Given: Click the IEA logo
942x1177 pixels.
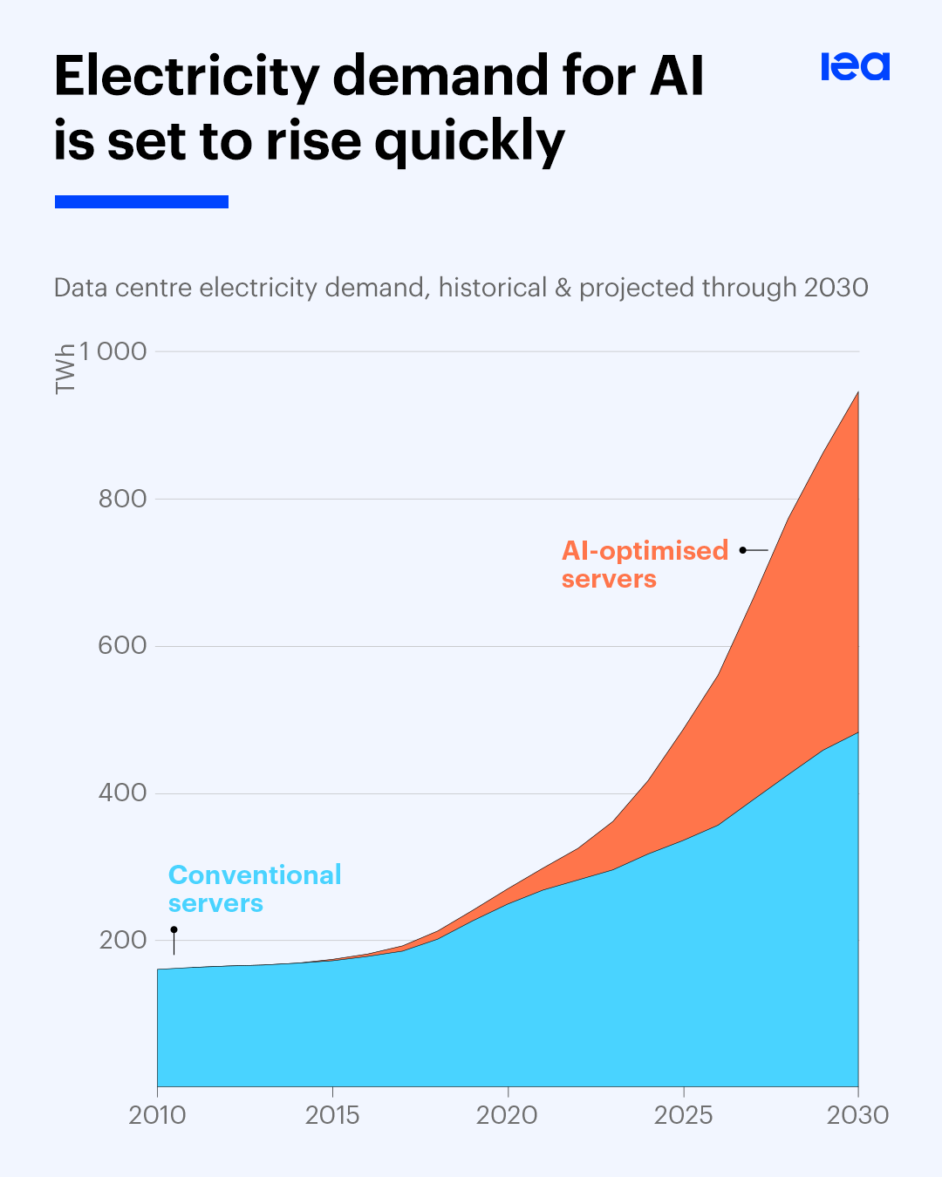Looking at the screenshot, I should [855, 66].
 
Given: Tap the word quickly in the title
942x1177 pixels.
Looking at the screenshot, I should [470, 142].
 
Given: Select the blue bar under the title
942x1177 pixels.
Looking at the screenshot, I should [141, 201].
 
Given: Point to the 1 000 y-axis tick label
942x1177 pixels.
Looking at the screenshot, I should [113, 351].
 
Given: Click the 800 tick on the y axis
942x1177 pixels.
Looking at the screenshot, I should [122, 499].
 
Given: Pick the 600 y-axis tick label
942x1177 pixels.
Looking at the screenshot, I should [122, 646].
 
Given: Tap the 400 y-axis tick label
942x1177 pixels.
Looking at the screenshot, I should [122, 793].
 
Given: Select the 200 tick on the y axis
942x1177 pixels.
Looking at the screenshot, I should [122, 941].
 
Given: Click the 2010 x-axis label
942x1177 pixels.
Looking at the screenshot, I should [157, 1115].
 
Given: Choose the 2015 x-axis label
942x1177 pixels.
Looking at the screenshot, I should [332, 1115].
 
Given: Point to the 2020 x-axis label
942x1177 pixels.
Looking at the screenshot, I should [507, 1115].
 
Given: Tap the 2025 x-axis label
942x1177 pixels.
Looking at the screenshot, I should [683, 1115].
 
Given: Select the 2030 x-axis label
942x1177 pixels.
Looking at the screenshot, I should [857, 1115].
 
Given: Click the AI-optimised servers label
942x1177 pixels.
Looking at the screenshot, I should [645, 565].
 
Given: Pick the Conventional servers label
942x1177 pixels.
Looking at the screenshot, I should [254, 888].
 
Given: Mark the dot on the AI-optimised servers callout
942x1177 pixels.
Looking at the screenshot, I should [742, 550].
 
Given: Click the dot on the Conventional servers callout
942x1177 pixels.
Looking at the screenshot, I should [174, 930].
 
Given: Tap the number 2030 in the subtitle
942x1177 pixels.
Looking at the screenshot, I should [836, 288].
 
